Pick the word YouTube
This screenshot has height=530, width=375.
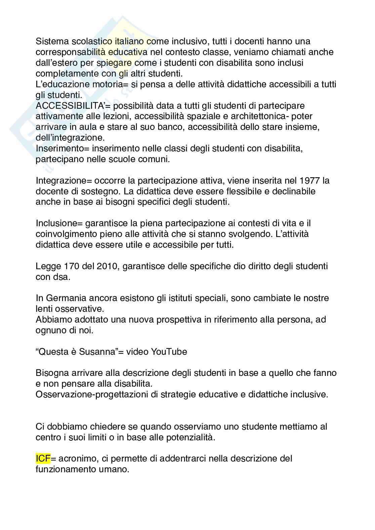point(169,352)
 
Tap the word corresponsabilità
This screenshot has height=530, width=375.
point(69,52)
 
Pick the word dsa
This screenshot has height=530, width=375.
point(62,277)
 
